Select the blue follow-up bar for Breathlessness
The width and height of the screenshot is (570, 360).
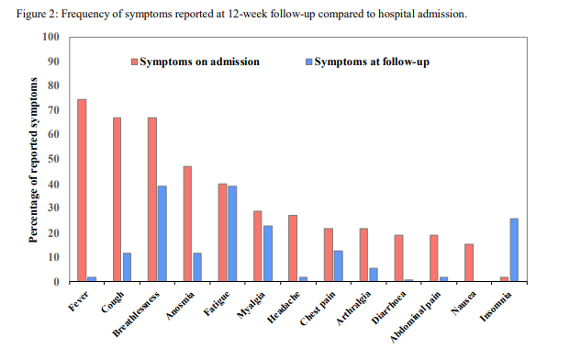pyautogui.click(x=162, y=233)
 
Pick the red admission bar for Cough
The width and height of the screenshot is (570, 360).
pyautogui.click(x=117, y=199)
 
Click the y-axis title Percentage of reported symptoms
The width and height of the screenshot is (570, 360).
pyautogui.click(x=32, y=161)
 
